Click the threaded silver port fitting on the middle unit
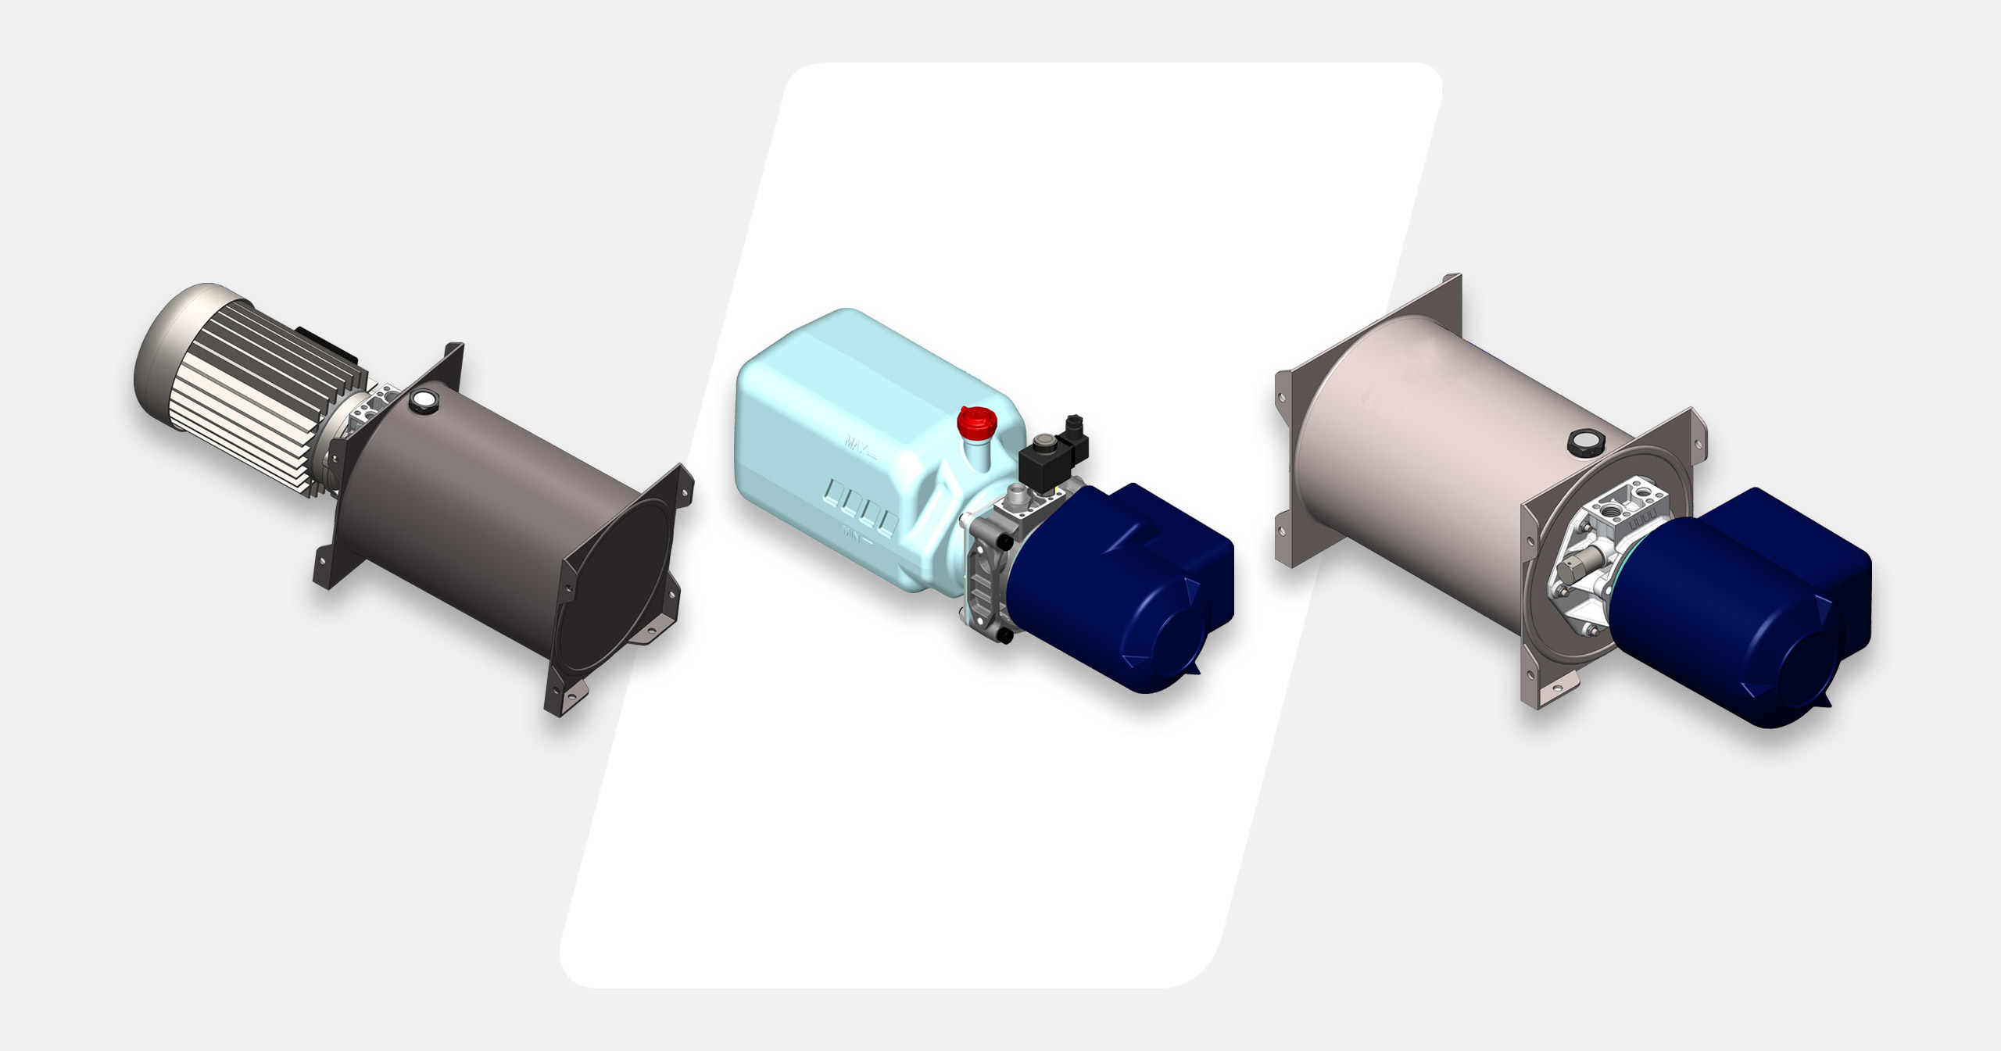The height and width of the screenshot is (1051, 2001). tap(1015, 493)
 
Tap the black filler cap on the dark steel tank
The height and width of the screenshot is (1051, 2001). tap(424, 400)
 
